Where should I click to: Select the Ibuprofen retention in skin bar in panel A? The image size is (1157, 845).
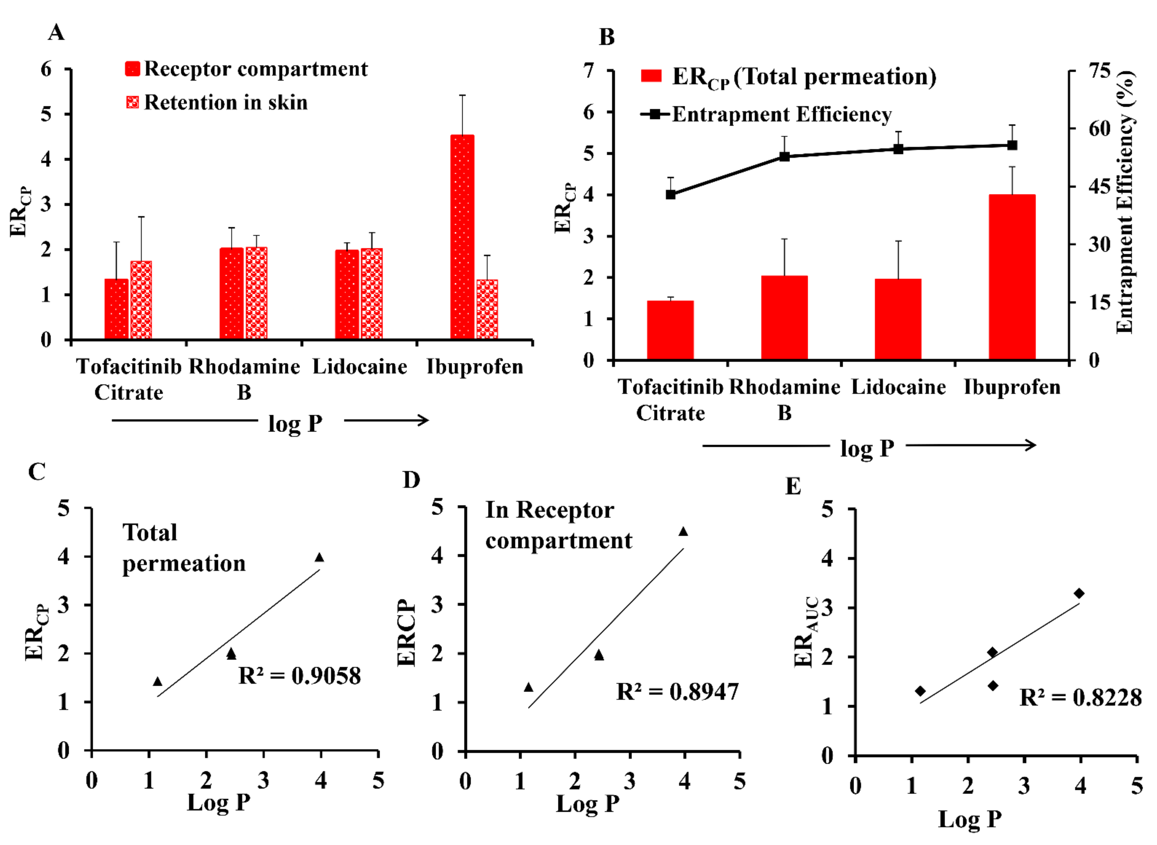tap(487, 309)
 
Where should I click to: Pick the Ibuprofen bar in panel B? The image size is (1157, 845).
tap(1012, 277)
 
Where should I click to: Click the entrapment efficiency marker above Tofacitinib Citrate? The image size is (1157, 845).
tap(670, 194)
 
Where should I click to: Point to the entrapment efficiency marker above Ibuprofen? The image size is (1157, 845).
tap(1012, 145)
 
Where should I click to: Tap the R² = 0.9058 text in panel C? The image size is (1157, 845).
tap(299, 676)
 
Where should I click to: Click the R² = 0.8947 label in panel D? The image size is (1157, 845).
tap(677, 691)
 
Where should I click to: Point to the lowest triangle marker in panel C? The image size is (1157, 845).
tap(157, 681)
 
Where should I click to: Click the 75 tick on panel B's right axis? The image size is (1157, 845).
tap(1099, 71)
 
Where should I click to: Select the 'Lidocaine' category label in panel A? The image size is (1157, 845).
tap(359, 367)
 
